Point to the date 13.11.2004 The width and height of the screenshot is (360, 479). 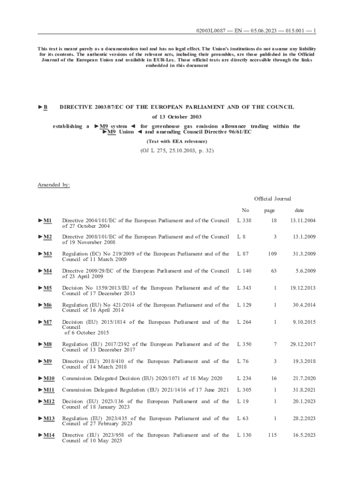click(302, 220)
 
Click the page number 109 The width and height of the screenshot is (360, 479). click(271, 254)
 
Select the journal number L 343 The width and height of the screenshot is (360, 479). click(244, 288)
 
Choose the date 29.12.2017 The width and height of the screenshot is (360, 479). click(302, 345)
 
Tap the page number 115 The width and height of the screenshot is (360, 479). click(272, 435)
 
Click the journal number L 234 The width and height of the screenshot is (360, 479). click(244, 378)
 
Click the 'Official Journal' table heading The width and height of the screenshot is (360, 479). click(273, 199)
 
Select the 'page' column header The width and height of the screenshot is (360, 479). click(269, 210)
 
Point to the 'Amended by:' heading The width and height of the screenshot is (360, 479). click(54, 185)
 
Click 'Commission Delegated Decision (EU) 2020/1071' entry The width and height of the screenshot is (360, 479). click(145, 378)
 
